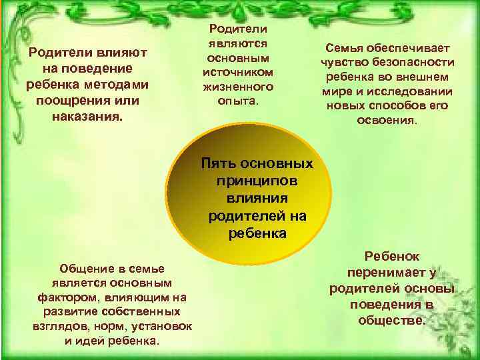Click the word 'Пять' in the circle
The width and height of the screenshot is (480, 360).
[x=219, y=163]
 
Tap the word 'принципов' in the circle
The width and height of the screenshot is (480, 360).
[x=257, y=181]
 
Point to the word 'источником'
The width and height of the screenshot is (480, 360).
[x=238, y=71]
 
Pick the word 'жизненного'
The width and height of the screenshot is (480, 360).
[x=238, y=86]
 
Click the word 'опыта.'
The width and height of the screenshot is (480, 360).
[x=238, y=101]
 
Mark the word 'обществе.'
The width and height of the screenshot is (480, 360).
[x=391, y=320]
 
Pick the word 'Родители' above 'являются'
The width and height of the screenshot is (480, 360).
[x=238, y=27]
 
